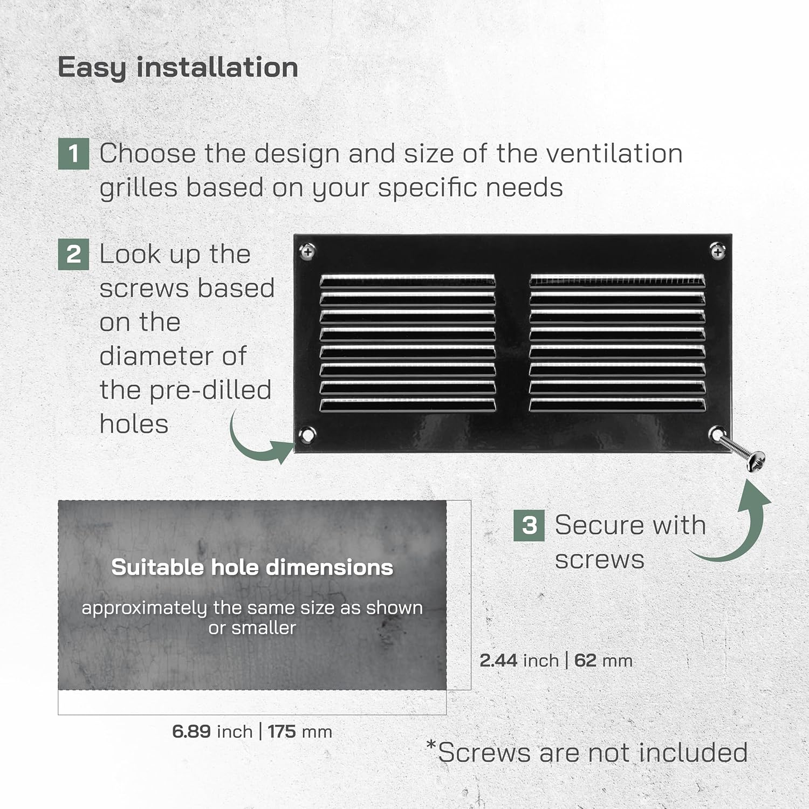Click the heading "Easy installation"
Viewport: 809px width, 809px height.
tap(177, 68)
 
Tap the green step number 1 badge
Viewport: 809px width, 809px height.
tap(73, 154)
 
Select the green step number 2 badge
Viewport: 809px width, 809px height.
tap(73, 254)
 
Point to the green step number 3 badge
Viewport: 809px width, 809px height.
tap(529, 525)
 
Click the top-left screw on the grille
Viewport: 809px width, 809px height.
tap(307, 251)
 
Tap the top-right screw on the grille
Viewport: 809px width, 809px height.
tap(717, 251)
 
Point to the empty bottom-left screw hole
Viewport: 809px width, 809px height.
tap(307, 434)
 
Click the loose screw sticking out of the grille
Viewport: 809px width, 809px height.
tap(742, 452)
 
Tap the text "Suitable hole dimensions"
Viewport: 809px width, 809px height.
tap(252, 567)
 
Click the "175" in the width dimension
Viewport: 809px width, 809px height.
tap(282, 732)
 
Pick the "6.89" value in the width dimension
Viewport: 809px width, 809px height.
tap(191, 732)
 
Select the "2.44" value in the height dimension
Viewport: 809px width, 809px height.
tap(498, 661)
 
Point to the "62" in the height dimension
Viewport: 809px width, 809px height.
tap(585, 661)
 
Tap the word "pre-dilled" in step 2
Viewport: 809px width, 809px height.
tap(211, 390)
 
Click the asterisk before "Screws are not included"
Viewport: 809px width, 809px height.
tap(431, 745)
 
